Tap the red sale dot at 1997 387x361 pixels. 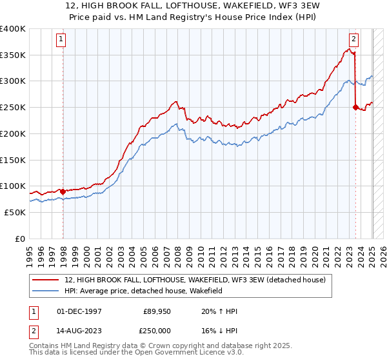pyautogui.click(x=63, y=191)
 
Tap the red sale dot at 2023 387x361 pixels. pyautogui.click(x=355, y=108)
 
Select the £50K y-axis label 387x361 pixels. pyautogui.click(x=15, y=212)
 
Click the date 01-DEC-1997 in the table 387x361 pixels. pyautogui.click(x=80, y=312)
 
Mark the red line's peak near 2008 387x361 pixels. pyautogui.click(x=175, y=101)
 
